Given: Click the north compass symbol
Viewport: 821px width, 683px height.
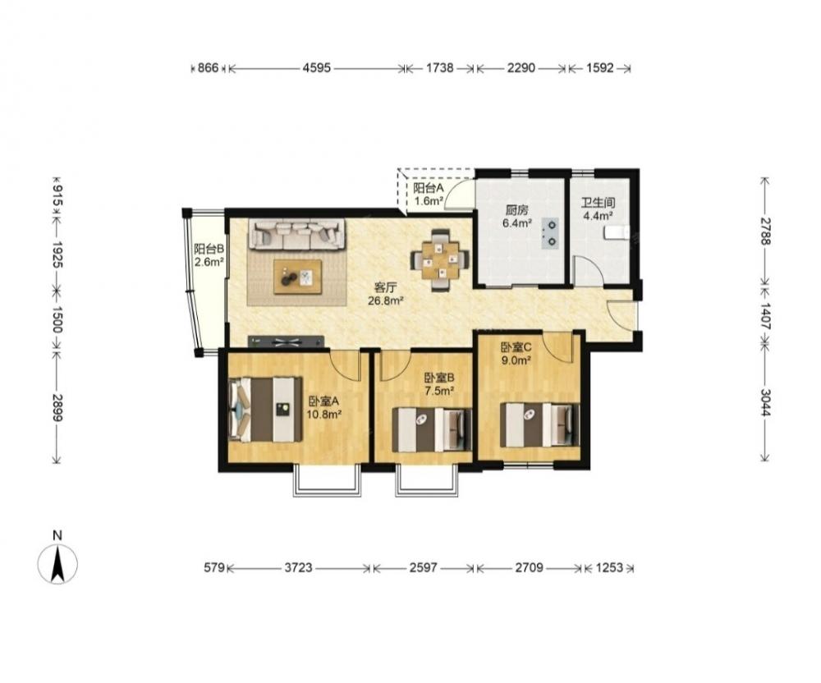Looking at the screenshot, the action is coord(57,564).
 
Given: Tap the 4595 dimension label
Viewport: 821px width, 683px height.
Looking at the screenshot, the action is coord(317,68).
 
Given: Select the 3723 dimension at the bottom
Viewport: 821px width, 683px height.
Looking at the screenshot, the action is coord(299,567).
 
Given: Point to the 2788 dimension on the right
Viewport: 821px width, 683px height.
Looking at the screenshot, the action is coord(765,231).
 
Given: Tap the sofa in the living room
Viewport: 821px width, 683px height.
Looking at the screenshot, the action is coord(297,235).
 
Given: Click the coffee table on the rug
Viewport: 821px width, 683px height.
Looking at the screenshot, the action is coord(298,277).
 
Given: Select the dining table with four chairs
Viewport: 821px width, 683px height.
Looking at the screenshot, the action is coord(440,259).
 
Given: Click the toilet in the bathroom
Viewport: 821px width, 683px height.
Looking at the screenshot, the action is coord(616,232).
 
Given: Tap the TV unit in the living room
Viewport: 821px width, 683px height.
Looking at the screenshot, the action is coord(286,341).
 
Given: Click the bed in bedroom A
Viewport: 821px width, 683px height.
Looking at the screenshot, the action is coord(266,409).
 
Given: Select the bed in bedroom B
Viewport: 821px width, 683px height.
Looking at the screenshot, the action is coord(432,429).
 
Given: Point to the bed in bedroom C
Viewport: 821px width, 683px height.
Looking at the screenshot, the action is coord(540,424).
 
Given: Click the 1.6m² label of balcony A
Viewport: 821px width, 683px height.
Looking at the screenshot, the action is coord(429,200).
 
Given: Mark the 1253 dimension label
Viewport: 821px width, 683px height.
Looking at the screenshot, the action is coord(609,567).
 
